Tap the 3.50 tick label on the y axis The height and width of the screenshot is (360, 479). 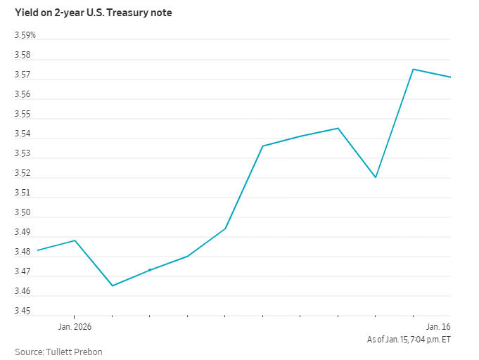pyautogui.click(x=23, y=212)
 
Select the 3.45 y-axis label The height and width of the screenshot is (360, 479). pyautogui.click(x=23, y=311)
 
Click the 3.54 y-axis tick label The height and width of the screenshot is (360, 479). pyautogui.click(x=23, y=134)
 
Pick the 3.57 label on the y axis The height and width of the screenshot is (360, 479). pyautogui.click(x=23, y=75)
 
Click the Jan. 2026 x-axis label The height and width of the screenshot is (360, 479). pyautogui.click(x=75, y=327)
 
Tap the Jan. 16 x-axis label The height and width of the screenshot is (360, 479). pyautogui.click(x=438, y=327)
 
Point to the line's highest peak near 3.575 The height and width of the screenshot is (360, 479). pyautogui.click(x=413, y=69)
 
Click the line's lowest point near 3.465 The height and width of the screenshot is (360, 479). pyautogui.click(x=113, y=285)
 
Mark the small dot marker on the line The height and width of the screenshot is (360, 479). pyautogui.click(x=150, y=270)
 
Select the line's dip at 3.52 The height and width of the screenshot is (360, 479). pyautogui.click(x=376, y=177)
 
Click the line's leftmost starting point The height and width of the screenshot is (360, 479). pyautogui.click(x=37, y=250)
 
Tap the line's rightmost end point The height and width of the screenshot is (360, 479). pyautogui.click(x=450, y=77)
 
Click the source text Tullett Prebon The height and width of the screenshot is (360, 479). pyautogui.click(x=59, y=351)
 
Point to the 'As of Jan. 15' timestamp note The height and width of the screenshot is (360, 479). pyautogui.click(x=409, y=339)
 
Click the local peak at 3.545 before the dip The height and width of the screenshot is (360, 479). pyautogui.click(x=338, y=128)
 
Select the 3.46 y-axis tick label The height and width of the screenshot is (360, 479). pyautogui.click(x=23, y=291)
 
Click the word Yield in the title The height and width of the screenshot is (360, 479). pyautogui.click(x=26, y=12)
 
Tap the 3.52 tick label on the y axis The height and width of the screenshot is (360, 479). pyautogui.click(x=23, y=173)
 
